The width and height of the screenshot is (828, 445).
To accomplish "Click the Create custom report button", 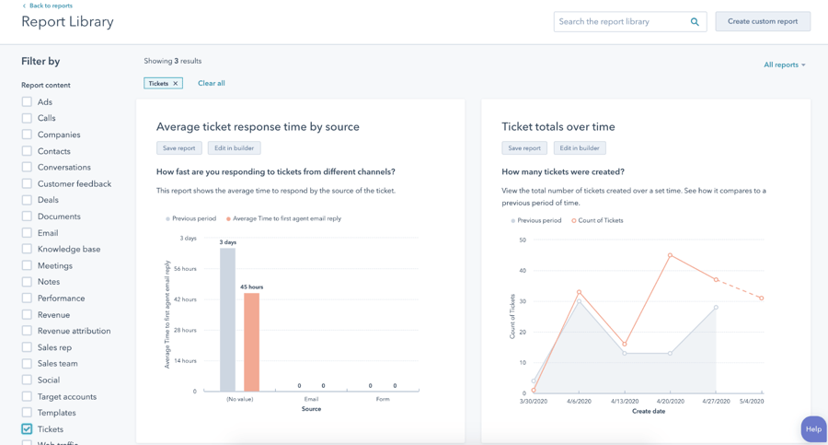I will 763,21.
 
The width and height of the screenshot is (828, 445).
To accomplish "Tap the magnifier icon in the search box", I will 695,21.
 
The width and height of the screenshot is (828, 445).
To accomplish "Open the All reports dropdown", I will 784,64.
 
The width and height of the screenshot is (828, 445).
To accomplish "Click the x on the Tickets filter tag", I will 176,83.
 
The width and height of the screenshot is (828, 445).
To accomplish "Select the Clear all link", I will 212,83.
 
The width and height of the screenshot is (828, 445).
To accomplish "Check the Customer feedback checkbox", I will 27,183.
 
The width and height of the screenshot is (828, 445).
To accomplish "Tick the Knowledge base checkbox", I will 27,249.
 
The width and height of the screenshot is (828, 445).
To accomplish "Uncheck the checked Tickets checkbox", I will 27,429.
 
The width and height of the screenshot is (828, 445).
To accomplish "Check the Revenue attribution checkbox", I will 27,331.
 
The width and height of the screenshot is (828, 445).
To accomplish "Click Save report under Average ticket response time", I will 178,147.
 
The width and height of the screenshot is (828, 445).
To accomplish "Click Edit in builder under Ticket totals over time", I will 580,147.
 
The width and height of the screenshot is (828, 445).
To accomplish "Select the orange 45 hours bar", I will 251,342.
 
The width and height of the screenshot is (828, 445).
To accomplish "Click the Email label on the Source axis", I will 311,399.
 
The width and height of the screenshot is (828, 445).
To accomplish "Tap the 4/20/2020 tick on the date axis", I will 671,401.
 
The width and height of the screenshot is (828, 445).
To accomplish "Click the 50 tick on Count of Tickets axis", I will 523,240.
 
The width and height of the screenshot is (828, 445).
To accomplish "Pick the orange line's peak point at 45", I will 670,255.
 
